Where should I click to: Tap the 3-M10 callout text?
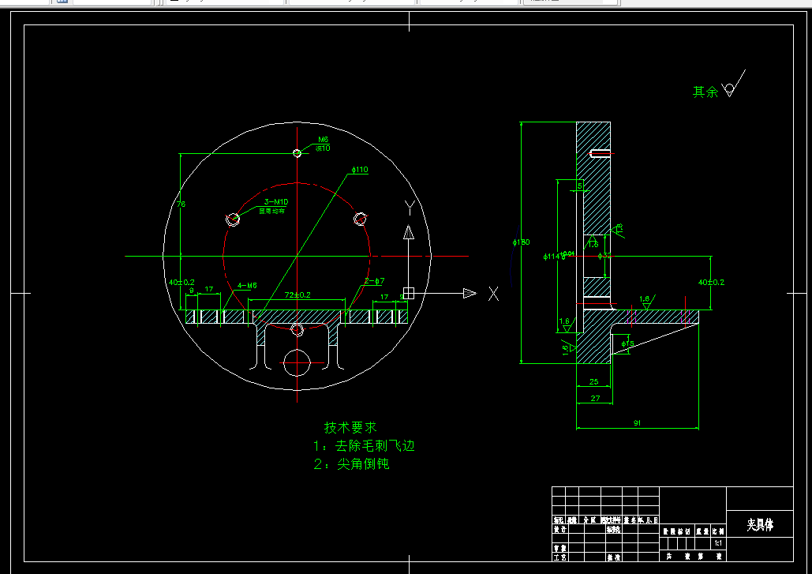[277, 202]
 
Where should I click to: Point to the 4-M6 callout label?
[247, 285]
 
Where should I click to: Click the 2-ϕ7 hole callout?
[374, 281]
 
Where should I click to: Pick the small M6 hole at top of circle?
[297, 153]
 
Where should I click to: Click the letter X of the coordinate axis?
[493, 294]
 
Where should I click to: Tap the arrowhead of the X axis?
[470, 294]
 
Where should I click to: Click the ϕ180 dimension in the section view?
[515, 242]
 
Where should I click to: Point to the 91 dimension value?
[637, 423]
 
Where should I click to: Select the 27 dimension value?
[595, 399]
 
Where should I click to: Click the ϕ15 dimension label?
[628, 344]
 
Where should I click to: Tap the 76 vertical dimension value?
[181, 204]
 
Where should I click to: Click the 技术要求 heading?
[350, 427]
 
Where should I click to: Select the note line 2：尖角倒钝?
[351, 464]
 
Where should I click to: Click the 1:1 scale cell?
[717, 544]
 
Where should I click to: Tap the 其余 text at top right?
[705, 92]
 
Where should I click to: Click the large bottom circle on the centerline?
[297, 363]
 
